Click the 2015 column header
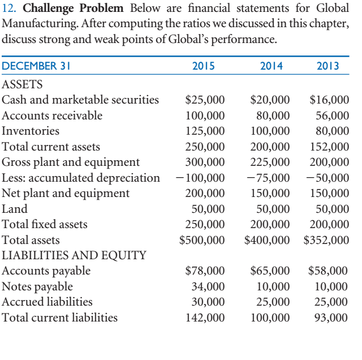tap(204, 66)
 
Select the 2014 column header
tap(271, 66)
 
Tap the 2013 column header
tap(328, 66)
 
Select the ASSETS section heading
tap(22, 84)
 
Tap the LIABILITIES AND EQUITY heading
tap(74, 255)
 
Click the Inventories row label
tap(31, 131)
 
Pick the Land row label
tap(14, 209)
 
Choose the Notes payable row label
tap(37, 286)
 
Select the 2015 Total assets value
tap(202, 240)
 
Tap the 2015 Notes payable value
tap(209, 286)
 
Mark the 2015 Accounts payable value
tap(205, 271)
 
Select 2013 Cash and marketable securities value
tap(330, 100)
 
